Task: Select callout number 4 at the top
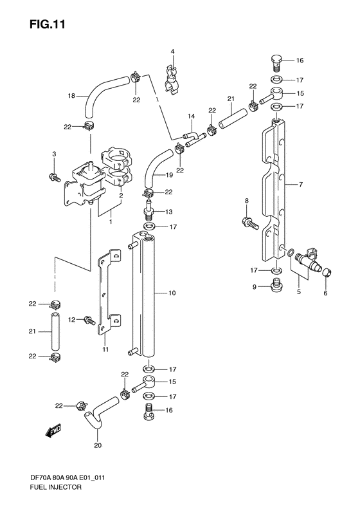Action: click(x=172, y=51)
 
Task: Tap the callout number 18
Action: click(x=72, y=96)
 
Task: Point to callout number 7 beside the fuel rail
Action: click(x=300, y=185)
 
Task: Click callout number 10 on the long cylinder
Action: click(x=172, y=293)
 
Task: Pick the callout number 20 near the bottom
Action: click(x=98, y=443)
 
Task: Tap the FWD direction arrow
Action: click(x=53, y=430)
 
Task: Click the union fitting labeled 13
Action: click(x=149, y=210)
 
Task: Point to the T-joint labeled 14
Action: click(x=191, y=136)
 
